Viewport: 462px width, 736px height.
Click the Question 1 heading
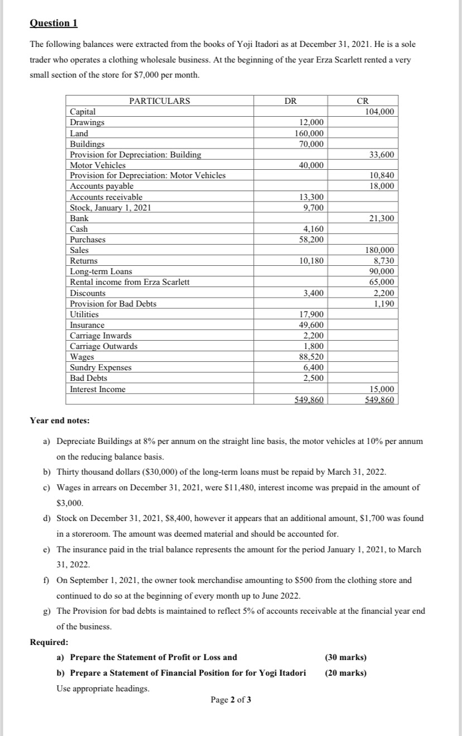pyautogui.click(x=54, y=23)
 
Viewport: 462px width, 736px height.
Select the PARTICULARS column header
pyautogui.click(x=160, y=101)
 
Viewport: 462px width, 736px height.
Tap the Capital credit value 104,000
pyautogui.click(x=379, y=112)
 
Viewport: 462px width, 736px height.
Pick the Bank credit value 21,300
pyautogui.click(x=382, y=218)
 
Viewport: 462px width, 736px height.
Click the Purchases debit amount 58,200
pyautogui.click(x=311, y=240)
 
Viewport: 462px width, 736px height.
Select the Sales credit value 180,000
pyautogui.click(x=379, y=250)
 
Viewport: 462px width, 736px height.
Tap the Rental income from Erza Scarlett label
pyautogui.click(x=129, y=282)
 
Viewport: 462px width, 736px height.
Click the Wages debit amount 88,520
pyautogui.click(x=311, y=357)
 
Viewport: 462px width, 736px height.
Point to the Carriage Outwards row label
pyautogui.click(x=103, y=346)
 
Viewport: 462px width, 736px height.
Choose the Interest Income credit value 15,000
pyautogui.click(x=382, y=389)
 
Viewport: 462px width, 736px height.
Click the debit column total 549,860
pyautogui.click(x=309, y=400)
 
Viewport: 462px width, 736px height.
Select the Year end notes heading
pyautogui.click(x=59, y=420)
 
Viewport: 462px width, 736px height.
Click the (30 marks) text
pyautogui.click(x=345, y=657)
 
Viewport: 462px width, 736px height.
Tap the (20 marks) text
pyautogui.click(x=345, y=673)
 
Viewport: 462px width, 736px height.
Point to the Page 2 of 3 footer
pyautogui.click(x=230, y=700)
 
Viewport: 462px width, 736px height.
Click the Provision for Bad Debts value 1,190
pyautogui.click(x=384, y=304)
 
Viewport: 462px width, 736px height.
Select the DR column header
pyautogui.click(x=290, y=101)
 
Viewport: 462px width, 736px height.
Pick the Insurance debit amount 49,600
pyautogui.click(x=311, y=325)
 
